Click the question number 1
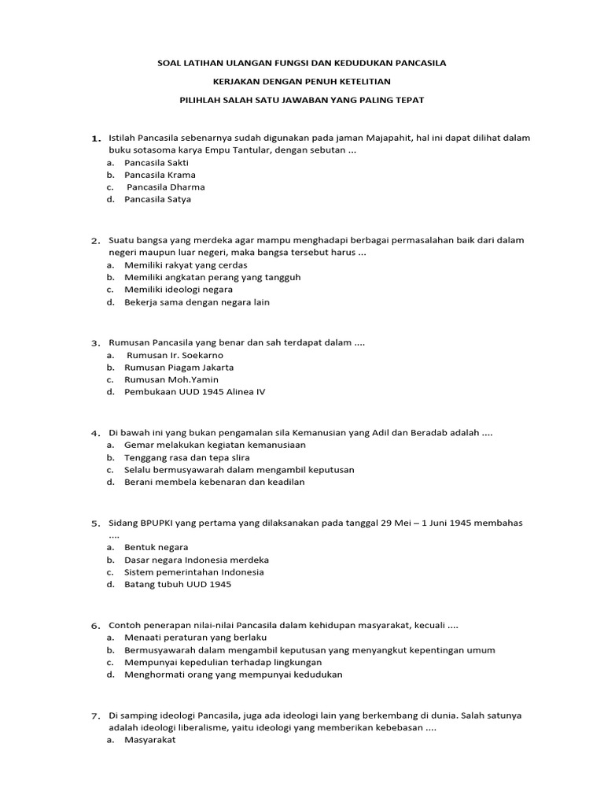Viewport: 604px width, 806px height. [96, 139]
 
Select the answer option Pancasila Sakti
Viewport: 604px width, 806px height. [156, 162]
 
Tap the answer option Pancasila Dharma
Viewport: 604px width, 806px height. [165, 187]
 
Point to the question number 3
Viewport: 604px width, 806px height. [95, 343]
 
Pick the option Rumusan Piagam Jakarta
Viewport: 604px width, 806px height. [179, 367]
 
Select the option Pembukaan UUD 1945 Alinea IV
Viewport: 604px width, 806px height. [194, 392]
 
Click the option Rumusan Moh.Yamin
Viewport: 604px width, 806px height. [171, 379]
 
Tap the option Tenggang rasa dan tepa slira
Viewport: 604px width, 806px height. [186, 457]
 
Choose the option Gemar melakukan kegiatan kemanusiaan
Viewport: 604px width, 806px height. [204, 444]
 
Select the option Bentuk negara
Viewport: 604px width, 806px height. [156, 546]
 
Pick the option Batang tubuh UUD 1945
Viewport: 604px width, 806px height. [178, 584]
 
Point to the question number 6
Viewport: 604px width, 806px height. [95, 625]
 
